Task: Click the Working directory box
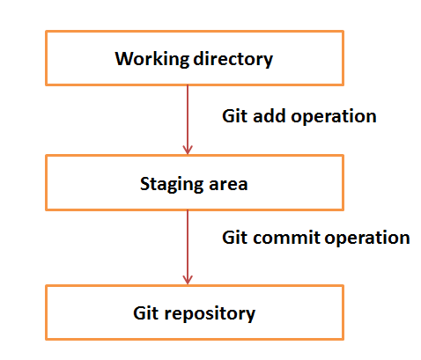click(194, 59)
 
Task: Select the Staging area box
click(194, 184)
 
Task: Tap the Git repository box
click(194, 312)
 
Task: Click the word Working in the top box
click(147, 60)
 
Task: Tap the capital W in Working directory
click(123, 60)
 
